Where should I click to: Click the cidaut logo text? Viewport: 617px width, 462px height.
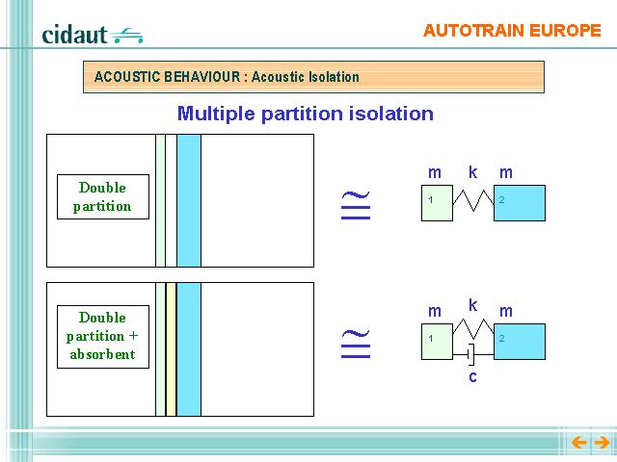(74, 35)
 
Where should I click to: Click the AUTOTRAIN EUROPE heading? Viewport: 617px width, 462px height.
(512, 31)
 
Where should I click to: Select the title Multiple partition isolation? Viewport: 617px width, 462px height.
(306, 114)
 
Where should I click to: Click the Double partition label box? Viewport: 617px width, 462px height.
(103, 196)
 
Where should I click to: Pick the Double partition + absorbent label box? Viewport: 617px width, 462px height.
(103, 337)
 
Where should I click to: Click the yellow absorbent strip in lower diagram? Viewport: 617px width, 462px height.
(172, 349)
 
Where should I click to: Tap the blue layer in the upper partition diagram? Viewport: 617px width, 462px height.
(189, 201)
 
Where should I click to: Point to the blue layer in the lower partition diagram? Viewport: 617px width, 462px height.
(189, 349)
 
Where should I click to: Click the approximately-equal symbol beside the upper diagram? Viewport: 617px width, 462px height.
(356, 205)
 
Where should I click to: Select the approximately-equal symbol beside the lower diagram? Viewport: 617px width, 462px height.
(356, 344)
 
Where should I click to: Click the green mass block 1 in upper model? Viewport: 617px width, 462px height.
(437, 203)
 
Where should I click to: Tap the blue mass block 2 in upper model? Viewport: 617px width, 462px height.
(520, 203)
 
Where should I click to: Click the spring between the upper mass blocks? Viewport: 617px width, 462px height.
(473, 200)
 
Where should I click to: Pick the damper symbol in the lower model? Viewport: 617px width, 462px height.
(473, 355)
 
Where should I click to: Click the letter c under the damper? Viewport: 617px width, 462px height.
(473, 376)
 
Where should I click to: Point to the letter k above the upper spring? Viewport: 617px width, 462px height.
(473, 172)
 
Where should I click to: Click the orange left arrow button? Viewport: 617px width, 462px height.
(578, 443)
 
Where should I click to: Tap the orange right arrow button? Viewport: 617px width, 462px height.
(602, 443)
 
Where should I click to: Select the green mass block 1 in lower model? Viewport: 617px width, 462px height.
(437, 342)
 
